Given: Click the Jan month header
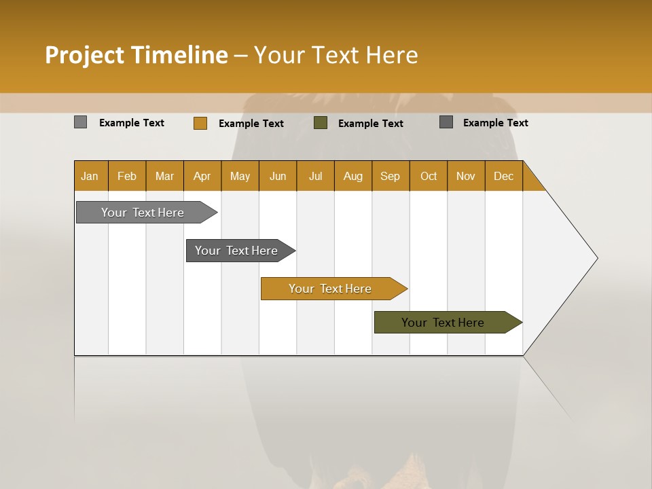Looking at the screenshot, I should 90,176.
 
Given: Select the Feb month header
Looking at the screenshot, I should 127,176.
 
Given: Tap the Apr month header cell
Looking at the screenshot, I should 202,176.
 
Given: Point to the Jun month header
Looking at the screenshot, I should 278,176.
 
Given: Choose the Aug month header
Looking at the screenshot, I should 353,176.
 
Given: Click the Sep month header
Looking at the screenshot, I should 391,176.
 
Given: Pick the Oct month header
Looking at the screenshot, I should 429,176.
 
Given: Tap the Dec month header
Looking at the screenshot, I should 504,176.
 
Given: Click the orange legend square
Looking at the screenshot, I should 200,123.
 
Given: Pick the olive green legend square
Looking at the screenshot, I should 321,123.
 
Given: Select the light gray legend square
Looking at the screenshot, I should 81,122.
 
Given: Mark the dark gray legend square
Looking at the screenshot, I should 446,122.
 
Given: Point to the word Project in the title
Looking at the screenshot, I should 85,55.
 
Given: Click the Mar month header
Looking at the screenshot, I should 165,176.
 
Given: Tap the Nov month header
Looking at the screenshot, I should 466,176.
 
